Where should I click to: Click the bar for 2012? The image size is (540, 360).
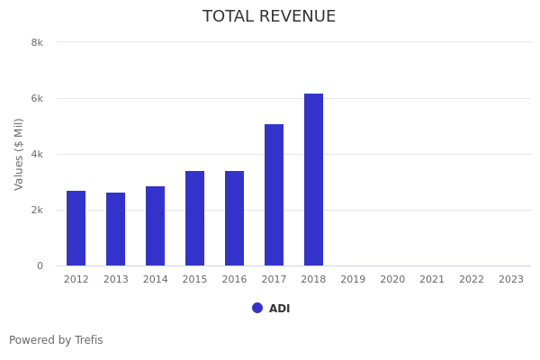[76, 229]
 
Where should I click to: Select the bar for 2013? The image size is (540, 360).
[115, 229]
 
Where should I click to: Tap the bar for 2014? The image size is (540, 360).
[155, 226]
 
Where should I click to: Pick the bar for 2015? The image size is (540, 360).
[194, 219]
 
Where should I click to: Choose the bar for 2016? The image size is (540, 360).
[234, 219]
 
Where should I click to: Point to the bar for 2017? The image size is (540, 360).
[274, 195]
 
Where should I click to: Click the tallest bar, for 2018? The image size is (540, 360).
[313, 180]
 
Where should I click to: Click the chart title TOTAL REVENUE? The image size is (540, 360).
[269, 17]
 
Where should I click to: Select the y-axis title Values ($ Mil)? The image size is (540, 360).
[19, 154]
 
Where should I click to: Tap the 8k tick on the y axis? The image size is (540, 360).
[37, 42]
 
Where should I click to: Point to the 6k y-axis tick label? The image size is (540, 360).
[37, 98]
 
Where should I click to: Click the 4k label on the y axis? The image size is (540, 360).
[37, 154]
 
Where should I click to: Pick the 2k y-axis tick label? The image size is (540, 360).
[37, 210]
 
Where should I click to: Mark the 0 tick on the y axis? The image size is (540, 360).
[40, 265]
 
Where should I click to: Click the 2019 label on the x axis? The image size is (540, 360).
[353, 280]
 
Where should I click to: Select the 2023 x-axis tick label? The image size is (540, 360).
[511, 280]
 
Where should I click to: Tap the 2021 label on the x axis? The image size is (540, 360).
[432, 280]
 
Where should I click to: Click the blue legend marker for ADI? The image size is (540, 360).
[257, 308]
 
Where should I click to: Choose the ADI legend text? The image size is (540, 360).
[279, 309]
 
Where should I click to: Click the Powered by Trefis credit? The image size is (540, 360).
[56, 340]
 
